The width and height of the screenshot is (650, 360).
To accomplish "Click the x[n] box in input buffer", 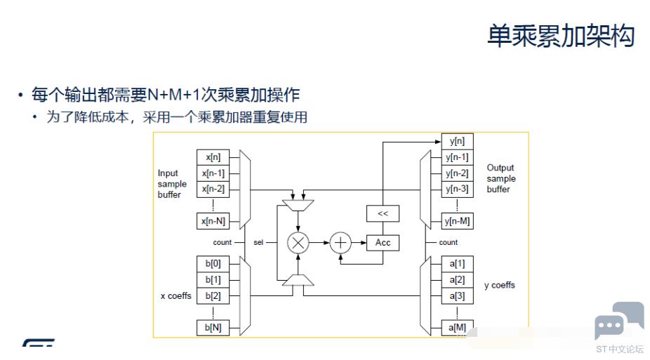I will pyautogui.click(x=213, y=157).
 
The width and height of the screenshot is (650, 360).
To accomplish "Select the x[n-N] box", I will pyautogui.click(x=213, y=222).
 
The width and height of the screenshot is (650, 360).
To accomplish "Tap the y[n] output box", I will pyautogui.click(x=457, y=141).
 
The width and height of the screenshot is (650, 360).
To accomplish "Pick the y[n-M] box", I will pyautogui.click(x=457, y=222).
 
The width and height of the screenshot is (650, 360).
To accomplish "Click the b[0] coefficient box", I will pyautogui.click(x=213, y=264).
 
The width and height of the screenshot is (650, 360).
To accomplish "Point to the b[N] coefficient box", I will pyautogui.click(x=213, y=328).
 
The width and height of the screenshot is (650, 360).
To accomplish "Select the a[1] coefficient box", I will pyautogui.click(x=457, y=264).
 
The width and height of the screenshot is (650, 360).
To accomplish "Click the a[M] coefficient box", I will pyautogui.click(x=457, y=328).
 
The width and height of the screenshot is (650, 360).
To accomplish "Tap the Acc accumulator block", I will pyautogui.click(x=383, y=243).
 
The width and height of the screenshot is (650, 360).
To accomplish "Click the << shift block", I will pyautogui.click(x=383, y=213).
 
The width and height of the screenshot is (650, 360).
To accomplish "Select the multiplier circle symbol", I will pyautogui.click(x=298, y=243).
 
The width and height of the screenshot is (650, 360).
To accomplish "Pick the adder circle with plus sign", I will pyautogui.click(x=340, y=243).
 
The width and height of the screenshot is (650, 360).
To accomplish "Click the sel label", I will pyautogui.click(x=258, y=243).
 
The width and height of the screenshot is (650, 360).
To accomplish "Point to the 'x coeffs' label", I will pyautogui.click(x=175, y=296).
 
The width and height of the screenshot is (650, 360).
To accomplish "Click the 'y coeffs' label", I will pyautogui.click(x=500, y=286).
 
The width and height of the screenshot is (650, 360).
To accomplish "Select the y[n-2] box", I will pyautogui.click(x=457, y=173).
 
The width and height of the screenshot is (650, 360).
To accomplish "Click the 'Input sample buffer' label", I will pyautogui.click(x=172, y=184).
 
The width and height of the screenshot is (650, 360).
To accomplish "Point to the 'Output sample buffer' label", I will pyautogui.click(x=500, y=178).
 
